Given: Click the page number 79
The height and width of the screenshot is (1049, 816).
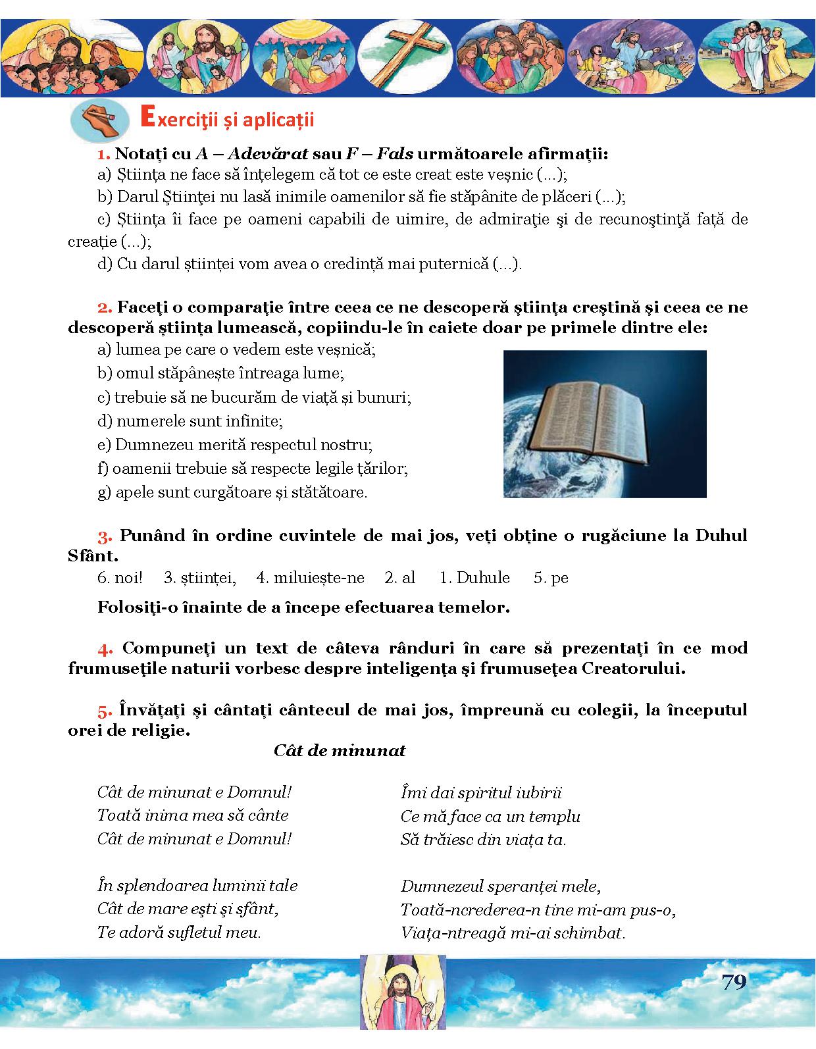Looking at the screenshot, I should (734, 982).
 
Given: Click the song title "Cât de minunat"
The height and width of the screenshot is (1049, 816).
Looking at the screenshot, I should (340, 751).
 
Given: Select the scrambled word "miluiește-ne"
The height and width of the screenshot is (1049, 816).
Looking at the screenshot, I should (318, 578).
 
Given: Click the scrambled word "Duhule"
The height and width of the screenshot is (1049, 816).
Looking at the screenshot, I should (483, 578).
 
